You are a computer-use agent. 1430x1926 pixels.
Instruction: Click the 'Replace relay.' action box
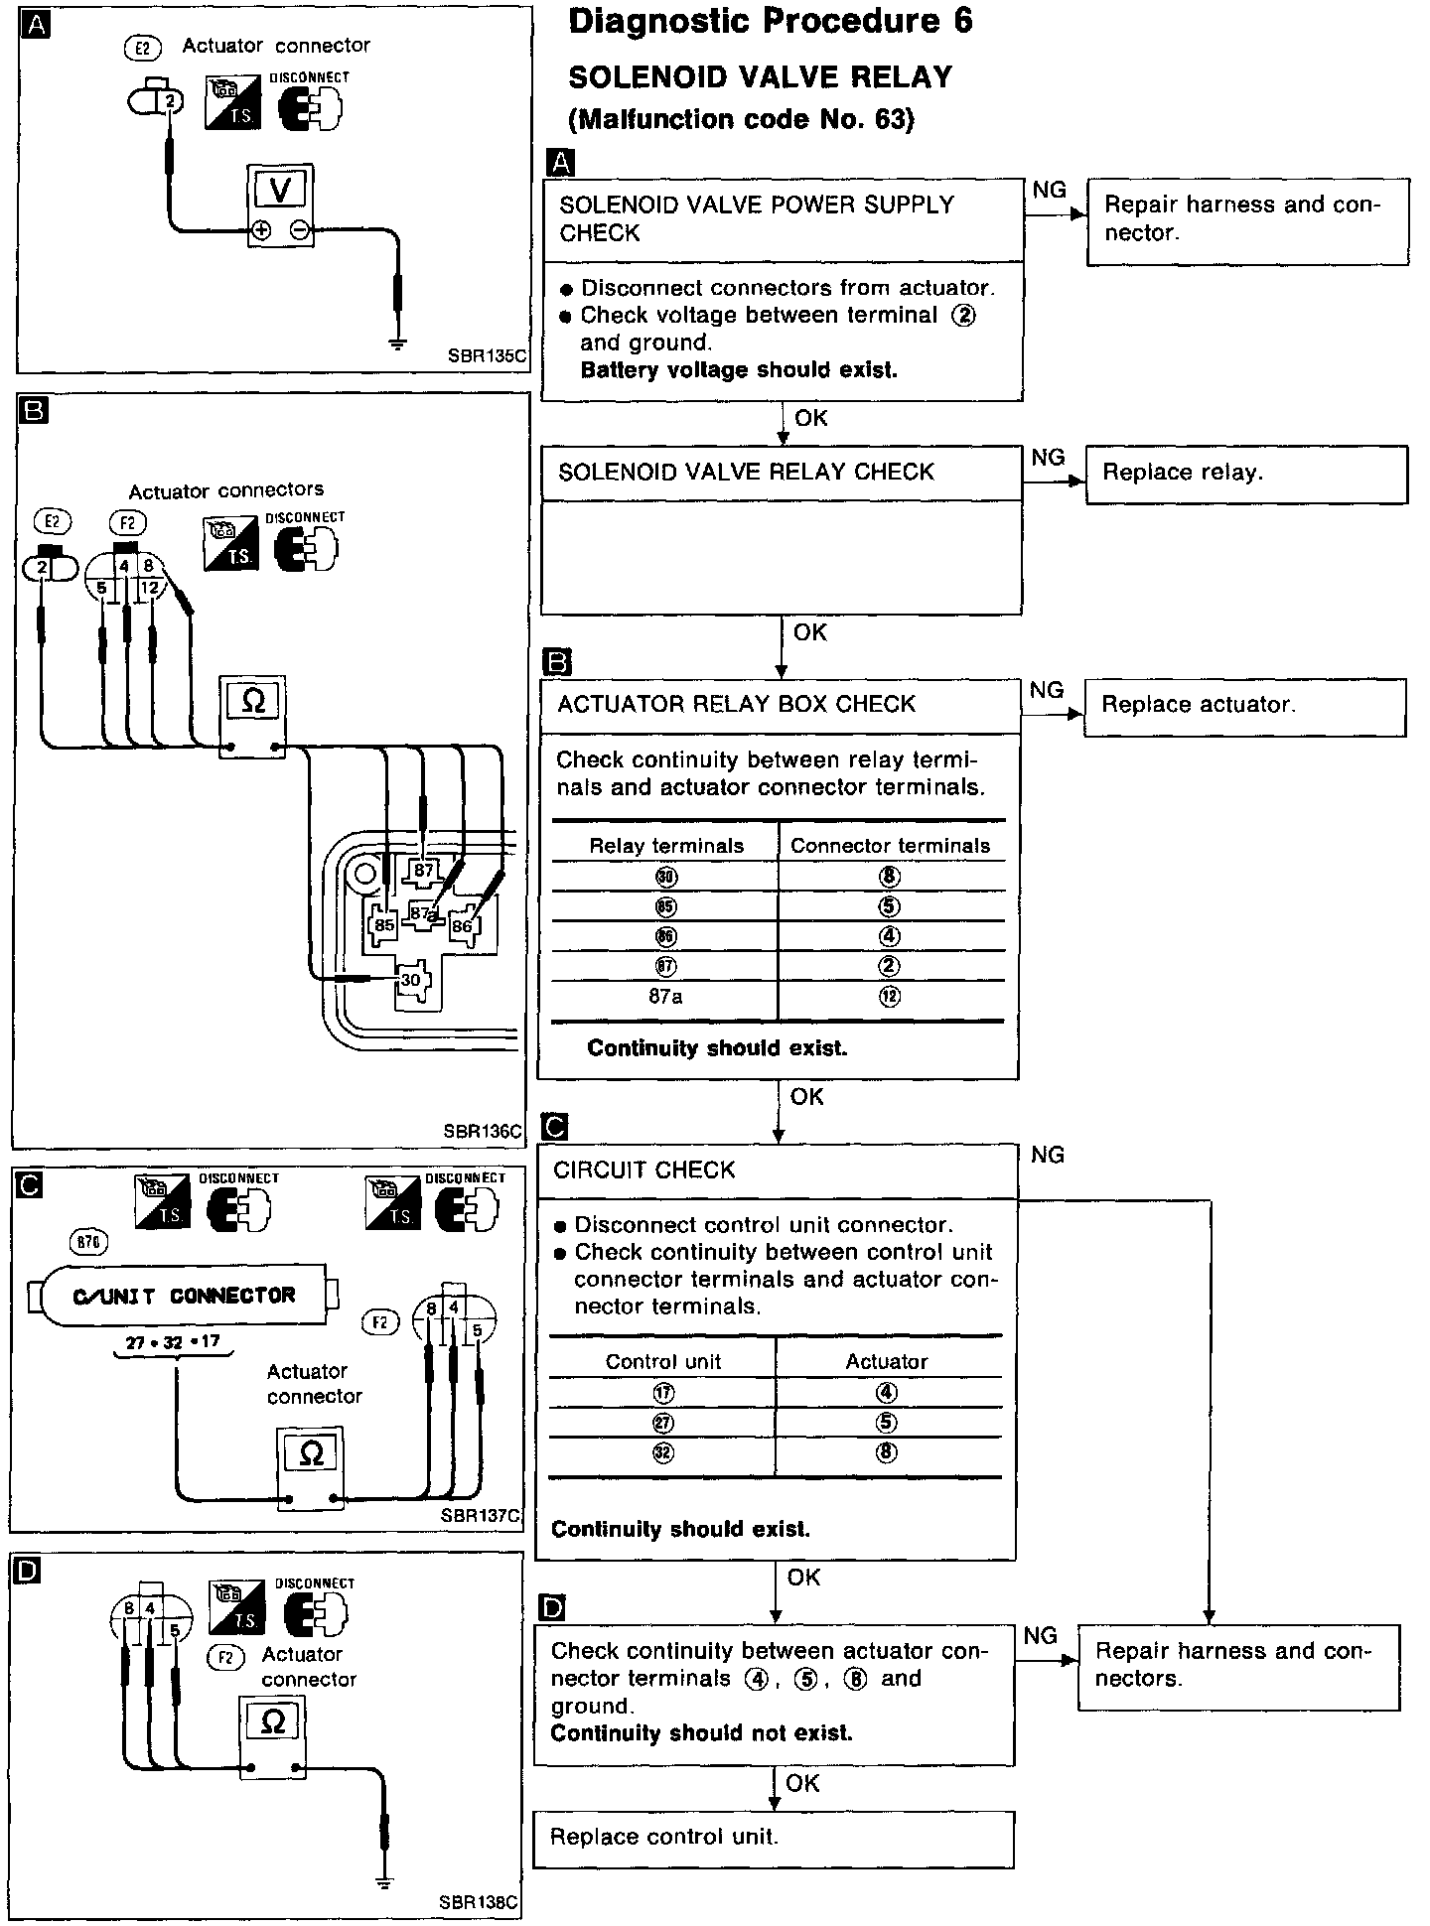point(1246,474)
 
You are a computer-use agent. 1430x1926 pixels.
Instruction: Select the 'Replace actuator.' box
point(1244,706)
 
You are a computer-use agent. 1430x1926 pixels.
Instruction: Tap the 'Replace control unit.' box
point(774,1837)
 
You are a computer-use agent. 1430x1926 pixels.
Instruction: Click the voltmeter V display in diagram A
point(280,189)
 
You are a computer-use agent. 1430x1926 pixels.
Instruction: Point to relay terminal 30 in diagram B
point(410,980)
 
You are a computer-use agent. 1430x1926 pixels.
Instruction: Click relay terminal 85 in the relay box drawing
point(383,924)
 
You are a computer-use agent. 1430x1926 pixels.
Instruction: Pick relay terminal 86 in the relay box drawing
point(462,926)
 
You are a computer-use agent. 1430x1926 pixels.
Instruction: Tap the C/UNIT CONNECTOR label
point(185,1296)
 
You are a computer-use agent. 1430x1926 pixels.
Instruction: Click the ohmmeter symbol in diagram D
point(272,1722)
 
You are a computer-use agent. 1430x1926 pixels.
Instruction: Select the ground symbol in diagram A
point(398,344)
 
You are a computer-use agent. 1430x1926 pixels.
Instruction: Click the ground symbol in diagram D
point(383,1882)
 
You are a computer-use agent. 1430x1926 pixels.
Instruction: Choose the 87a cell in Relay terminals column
point(665,996)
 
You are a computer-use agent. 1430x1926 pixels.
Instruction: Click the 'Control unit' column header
point(663,1362)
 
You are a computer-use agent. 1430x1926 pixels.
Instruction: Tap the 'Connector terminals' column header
point(891,846)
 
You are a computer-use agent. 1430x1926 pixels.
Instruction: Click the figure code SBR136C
point(483,1131)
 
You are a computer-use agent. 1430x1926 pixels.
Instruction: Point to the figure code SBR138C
point(479,1902)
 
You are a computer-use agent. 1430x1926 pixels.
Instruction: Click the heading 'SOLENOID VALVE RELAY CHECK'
point(746,473)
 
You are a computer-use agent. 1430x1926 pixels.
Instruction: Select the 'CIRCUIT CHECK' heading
point(644,1169)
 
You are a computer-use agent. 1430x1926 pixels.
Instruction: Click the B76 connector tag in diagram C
point(90,1242)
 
